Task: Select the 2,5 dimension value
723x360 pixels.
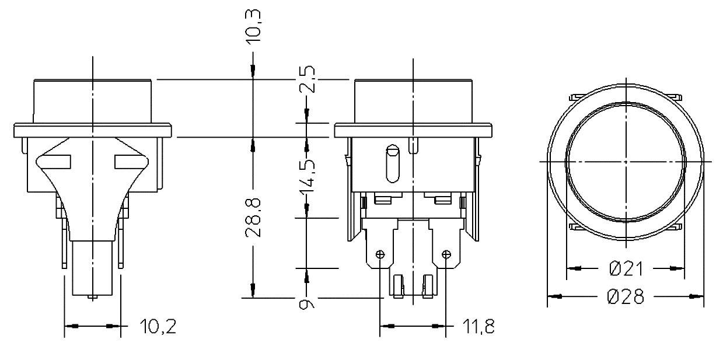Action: (308, 79)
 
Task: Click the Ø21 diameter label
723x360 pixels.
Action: (626, 268)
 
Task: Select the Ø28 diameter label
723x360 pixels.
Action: (626, 296)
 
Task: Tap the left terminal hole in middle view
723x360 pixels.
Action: (380, 254)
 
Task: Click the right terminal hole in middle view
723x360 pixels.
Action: (446, 254)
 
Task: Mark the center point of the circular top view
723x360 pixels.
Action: (625, 160)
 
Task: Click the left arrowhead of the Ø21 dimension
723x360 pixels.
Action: (574, 268)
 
